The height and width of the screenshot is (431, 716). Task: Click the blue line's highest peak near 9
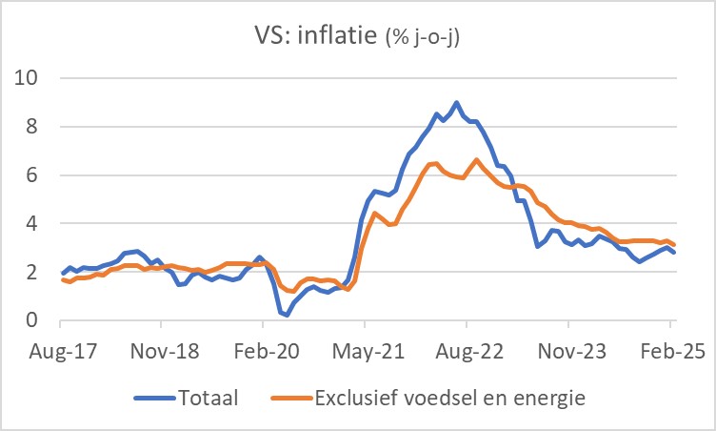pos(456,102)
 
